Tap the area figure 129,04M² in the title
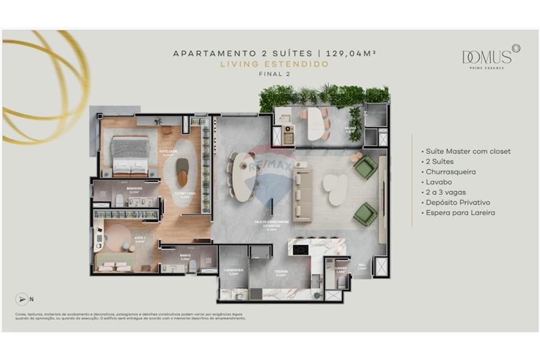click(x=347, y=53)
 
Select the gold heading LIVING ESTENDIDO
click(x=274, y=64)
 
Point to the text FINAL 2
click(x=274, y=74)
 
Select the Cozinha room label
click(x=281, y=271)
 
